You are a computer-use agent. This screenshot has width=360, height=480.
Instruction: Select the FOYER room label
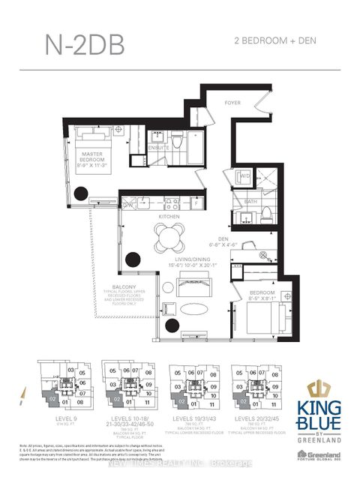pos(232,102)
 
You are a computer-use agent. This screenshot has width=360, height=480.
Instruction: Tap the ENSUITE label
pos(158,148)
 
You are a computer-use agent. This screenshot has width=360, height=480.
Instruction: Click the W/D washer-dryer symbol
pos(244,177)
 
